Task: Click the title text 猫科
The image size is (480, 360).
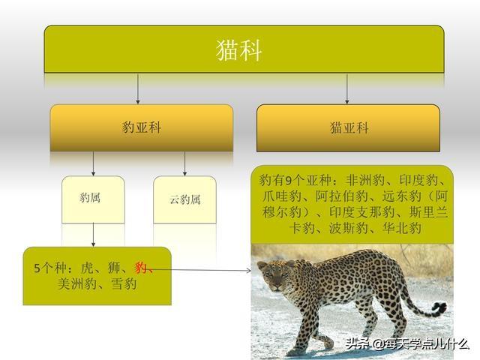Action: [x=238, y=50]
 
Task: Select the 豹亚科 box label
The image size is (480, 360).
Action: [x=142, y=127]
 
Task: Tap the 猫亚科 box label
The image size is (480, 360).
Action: [x=349, y=127]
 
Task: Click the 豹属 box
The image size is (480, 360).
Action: [x=93, y=199]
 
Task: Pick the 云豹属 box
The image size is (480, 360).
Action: [x=184, y=199]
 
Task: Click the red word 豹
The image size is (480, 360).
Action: [x=140, y=268]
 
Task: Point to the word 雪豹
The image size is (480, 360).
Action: [x=124, y=283]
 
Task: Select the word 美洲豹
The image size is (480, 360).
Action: [x=76, y=283]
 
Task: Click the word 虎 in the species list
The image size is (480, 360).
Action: [x=87, y=268]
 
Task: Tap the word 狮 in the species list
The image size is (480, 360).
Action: [x=113, y=268]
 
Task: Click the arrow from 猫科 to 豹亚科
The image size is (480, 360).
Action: [x=138, y=88]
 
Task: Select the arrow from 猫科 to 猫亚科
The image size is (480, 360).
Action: [x=346, y=88]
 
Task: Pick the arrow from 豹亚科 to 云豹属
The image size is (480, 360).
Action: [x=184, y=163]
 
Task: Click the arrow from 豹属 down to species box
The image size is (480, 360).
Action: [x=93, y=235]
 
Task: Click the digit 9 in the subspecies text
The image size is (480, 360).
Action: [x=288, y=181]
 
